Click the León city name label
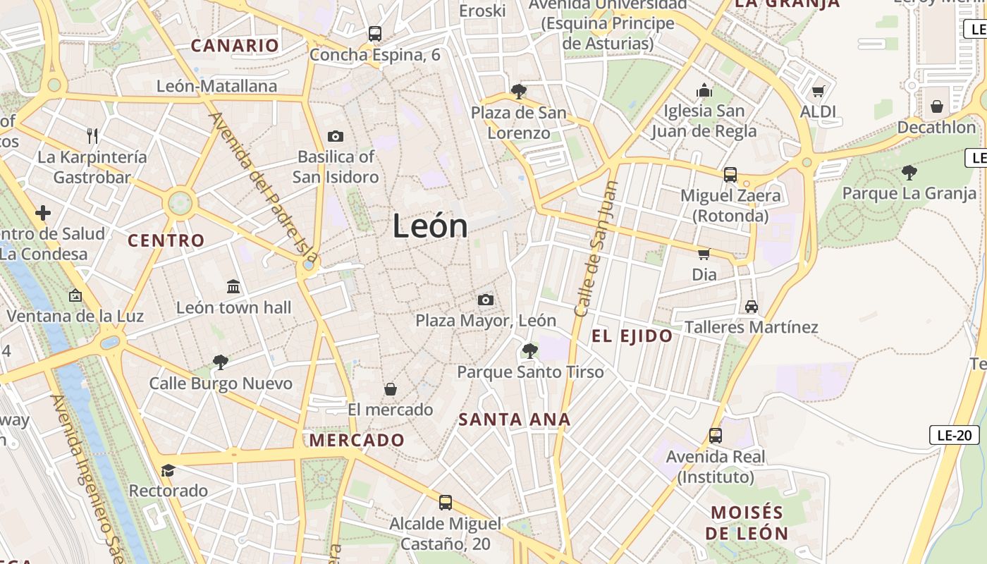(430, 226)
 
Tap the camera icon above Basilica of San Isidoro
(336, 136)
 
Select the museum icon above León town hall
(233, 286)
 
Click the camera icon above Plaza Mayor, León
(485, 300)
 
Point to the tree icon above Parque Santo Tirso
(529, 351)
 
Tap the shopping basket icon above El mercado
(390, 389)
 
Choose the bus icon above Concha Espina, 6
(374, 33)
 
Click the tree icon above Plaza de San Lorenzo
(518, 92)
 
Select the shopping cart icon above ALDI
(818, 91)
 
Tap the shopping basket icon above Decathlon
(936, 106)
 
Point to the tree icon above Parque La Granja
(909, 172)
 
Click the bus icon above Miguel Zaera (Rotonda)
(730, 174)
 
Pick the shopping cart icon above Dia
(704, 254)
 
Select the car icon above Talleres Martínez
(752, 307)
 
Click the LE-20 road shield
(955, 435)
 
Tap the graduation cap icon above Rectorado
(168, 470)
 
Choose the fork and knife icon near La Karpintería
(92, 135)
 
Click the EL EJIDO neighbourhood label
(632, 336)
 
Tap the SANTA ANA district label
(515, 420)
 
